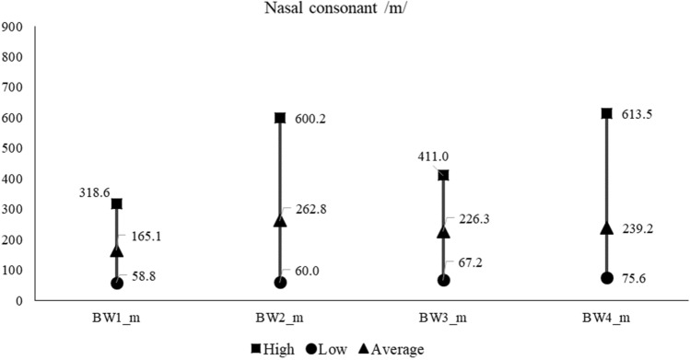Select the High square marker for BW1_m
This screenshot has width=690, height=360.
tap(117, 203)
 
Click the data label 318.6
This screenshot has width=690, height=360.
tap(95, 192)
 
